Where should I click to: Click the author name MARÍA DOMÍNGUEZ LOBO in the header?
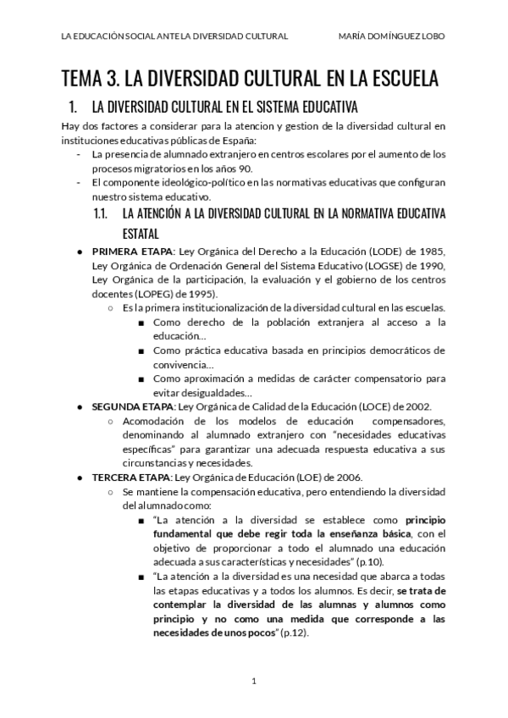click(391, 36)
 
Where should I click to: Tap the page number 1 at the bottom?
click(253, 680)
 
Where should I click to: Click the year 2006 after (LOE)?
click(348, 478)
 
